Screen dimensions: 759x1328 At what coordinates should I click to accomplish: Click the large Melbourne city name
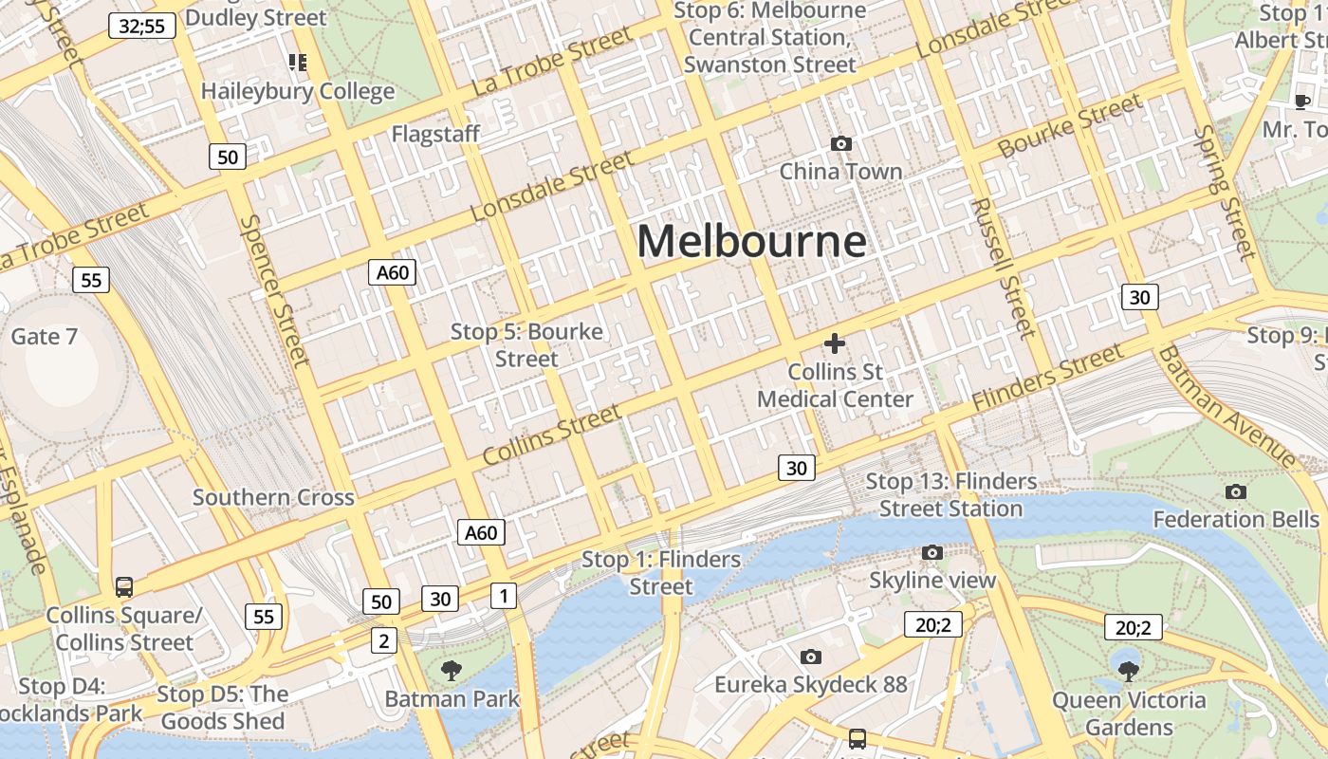(751, 241)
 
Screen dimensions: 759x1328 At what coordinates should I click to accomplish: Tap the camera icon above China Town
(840, 144)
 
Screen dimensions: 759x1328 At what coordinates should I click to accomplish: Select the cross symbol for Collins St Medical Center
(835, 343)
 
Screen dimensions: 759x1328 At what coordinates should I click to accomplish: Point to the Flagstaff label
(435, 134)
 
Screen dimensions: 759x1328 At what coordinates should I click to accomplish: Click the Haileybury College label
(298, 91)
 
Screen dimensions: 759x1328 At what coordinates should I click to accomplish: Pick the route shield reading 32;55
(142, 26)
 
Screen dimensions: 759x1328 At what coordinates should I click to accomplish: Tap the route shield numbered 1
(503, 596)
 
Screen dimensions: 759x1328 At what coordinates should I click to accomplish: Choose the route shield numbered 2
(383, 640)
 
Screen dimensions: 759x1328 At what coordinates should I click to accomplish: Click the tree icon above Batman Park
(452, 671)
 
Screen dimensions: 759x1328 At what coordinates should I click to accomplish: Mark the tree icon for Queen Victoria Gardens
(1128, 672)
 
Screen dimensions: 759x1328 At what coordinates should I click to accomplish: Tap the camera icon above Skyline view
(932, 552)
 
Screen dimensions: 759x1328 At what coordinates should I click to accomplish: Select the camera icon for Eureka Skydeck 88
(810, 657)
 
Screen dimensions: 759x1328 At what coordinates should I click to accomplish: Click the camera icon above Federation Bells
(1235, 491)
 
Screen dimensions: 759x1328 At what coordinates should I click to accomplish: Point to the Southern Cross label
(273, 497)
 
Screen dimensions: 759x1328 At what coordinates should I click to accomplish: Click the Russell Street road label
(1003, 268)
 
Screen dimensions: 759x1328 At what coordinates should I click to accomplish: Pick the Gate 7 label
(44, 337)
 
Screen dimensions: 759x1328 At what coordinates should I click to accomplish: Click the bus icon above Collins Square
(124, 587)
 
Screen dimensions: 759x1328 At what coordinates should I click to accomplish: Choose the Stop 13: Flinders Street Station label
(951, 494)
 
